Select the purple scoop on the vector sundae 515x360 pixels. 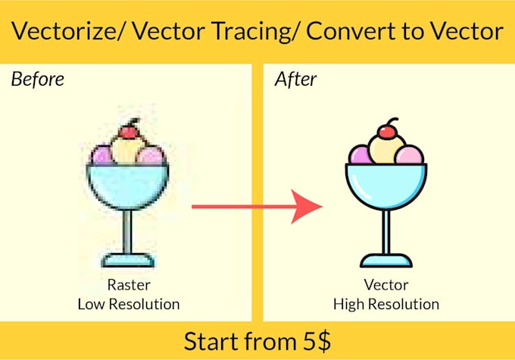coord(360,155)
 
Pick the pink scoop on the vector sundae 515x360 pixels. coord(410,156)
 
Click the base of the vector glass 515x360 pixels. coord(385,261)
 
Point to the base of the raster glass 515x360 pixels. coord(128,261)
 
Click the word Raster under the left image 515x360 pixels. coord(128,286)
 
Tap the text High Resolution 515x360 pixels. coord(386,305)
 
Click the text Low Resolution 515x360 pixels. coord(128,305)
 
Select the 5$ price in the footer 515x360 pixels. coord(312,341)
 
